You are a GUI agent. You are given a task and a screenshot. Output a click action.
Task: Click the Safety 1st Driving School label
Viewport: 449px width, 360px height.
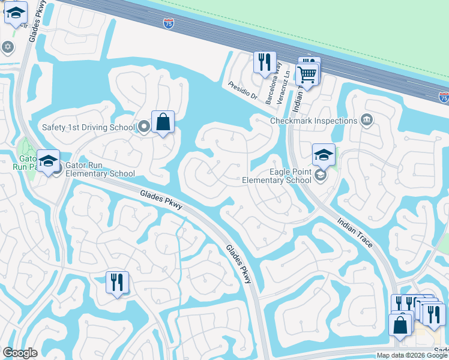(88, 127)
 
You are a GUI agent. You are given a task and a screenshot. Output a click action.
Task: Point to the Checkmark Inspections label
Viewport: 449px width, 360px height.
(313, 121)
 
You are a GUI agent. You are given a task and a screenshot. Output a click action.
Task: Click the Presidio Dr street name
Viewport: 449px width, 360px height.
(243, 92)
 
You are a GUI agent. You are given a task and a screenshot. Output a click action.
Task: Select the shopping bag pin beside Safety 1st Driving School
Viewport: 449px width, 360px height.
(163, 122)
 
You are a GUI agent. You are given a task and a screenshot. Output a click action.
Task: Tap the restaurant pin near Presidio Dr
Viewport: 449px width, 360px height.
(265, 62)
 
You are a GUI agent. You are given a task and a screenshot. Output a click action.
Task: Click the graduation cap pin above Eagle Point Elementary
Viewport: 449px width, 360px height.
(324, 154)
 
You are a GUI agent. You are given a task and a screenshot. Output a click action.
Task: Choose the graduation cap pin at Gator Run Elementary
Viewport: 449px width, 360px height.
(48, 161)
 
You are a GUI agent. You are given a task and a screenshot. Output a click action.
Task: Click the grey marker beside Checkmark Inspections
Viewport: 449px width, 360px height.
(367, 121)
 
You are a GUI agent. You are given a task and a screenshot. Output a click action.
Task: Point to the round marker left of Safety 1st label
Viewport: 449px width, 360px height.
(144, 127)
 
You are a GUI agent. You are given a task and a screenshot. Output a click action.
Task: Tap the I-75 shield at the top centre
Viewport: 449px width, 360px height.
(169, 23)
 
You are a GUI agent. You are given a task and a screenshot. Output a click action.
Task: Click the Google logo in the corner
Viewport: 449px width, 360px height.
(20, 353)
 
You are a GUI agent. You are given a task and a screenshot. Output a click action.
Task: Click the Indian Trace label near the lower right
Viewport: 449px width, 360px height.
(355, 232)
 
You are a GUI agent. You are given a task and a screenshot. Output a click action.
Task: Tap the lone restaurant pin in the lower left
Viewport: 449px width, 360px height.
(117, 282)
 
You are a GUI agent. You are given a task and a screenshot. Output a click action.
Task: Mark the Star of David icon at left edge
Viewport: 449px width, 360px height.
(7, 47)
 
